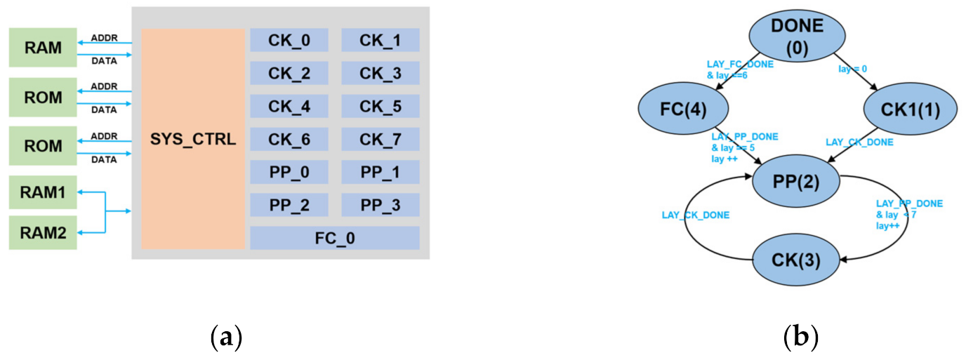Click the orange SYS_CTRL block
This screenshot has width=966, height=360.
coord(193,139)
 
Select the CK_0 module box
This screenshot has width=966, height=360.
coord(289,41)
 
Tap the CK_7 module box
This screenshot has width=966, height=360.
coord(380,139)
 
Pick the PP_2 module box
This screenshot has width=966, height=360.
coord(289,205)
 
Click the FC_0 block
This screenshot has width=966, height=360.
coord(334,238)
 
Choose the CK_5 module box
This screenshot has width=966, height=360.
coord(380,106)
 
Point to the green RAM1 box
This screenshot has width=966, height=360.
coord(42,193)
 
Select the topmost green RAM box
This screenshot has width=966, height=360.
coord(42,48)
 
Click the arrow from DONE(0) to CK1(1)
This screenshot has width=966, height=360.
coord(853,77)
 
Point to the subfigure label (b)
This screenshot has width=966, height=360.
coord(802,338)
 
